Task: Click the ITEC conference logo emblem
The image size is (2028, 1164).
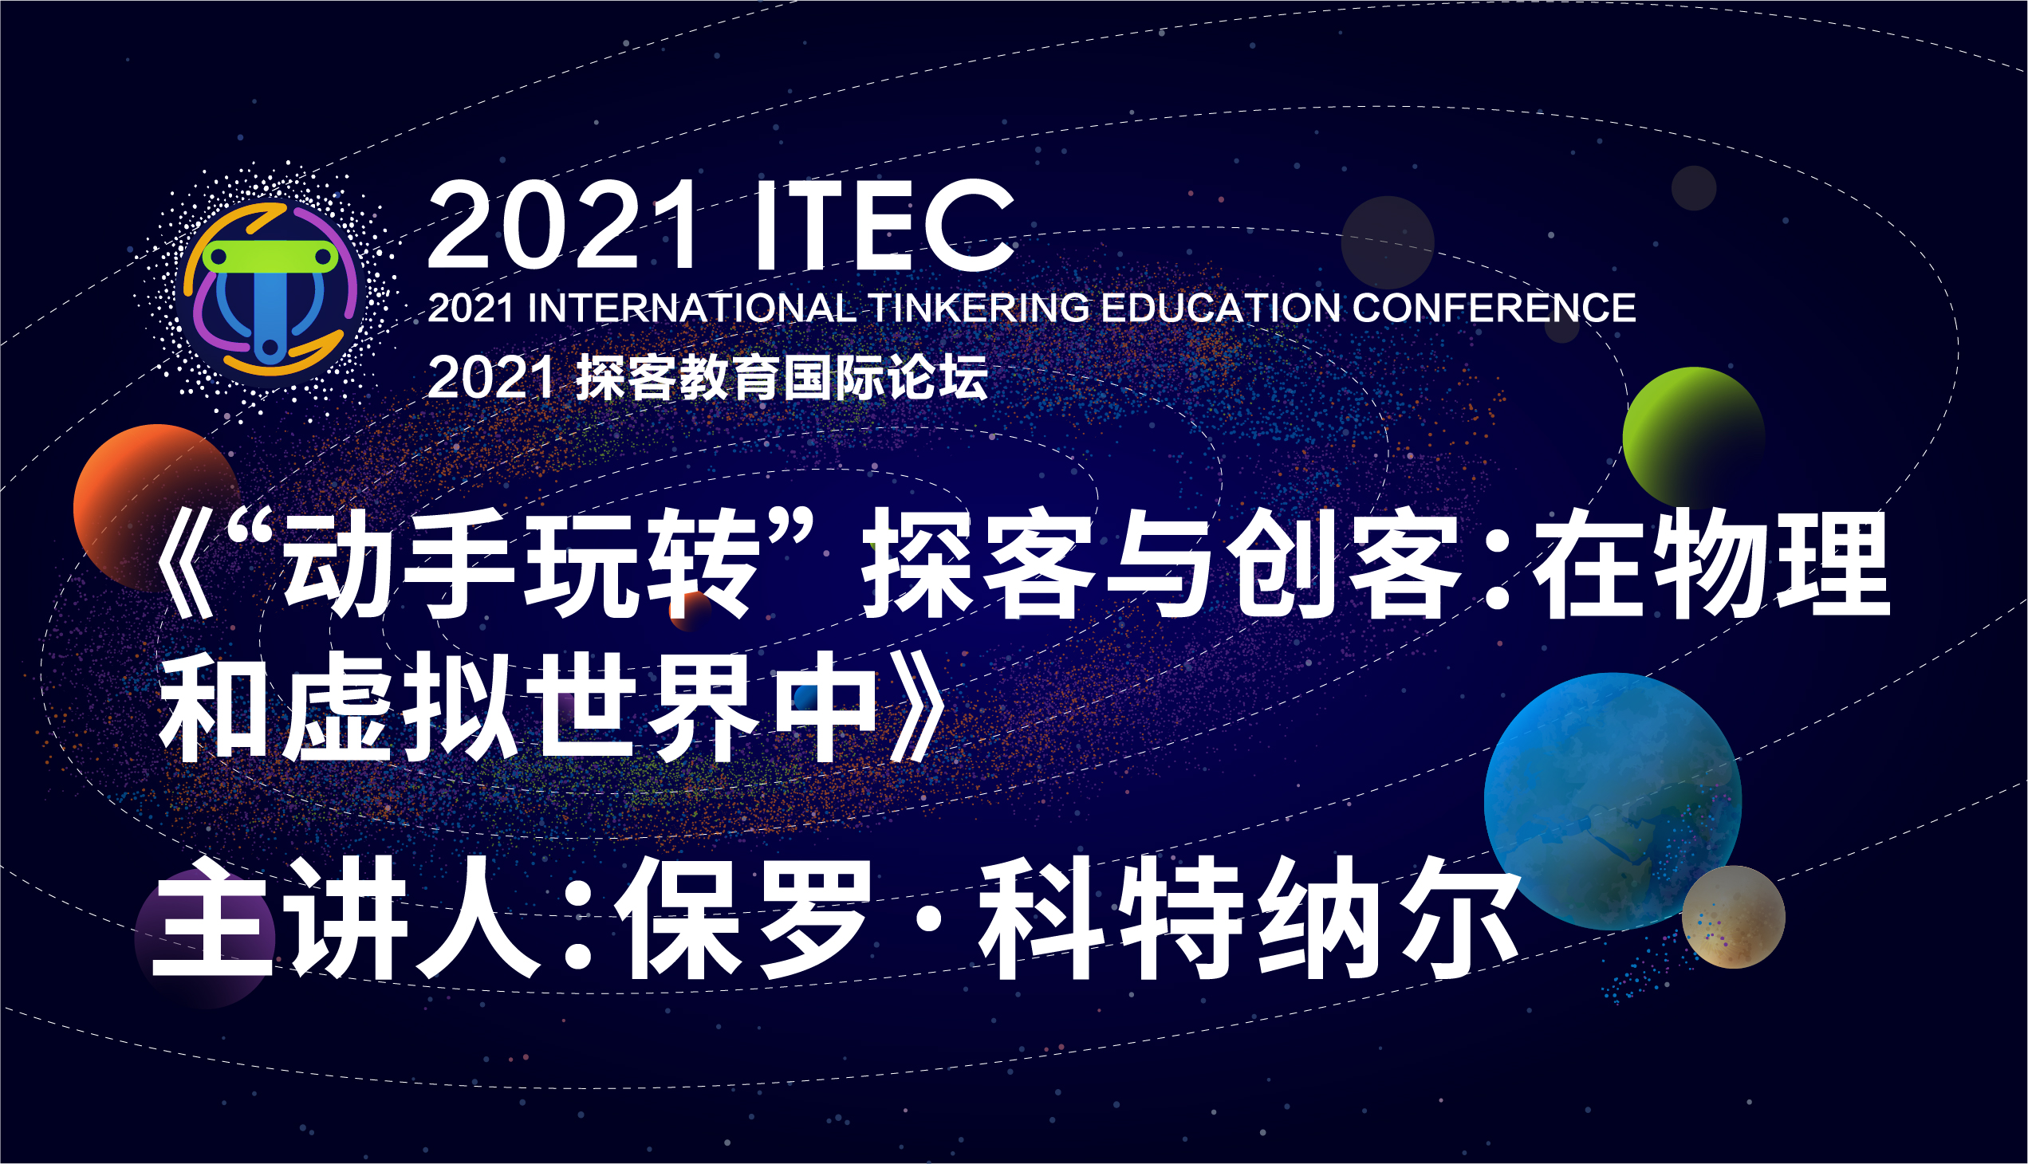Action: click(270, 289)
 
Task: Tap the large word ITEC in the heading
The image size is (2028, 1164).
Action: click(884, 226)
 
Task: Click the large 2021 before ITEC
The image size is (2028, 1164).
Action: click(563, 226)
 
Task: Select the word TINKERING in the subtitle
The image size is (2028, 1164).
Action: click(979, 309)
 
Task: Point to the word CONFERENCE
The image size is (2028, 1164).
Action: click(1494, 309)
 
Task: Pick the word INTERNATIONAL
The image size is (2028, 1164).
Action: click(691, 309)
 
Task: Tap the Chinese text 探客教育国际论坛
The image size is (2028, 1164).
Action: click(782, 377)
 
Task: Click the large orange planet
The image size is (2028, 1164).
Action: click(157, 508)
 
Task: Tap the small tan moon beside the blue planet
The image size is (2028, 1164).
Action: click(1734, 917)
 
